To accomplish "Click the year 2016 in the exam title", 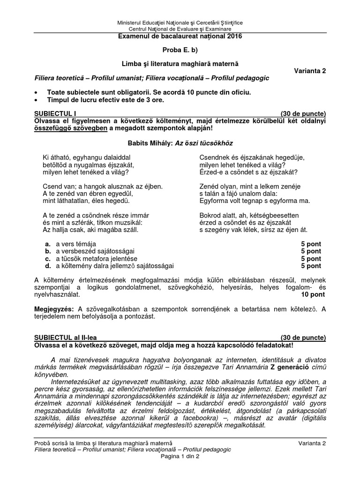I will coord(236,36).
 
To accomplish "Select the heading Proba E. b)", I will coord(180,50).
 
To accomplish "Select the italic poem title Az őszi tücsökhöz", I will coord(204,143).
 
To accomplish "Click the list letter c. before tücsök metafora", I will coord(48,258).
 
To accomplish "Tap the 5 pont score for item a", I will coord(311,244).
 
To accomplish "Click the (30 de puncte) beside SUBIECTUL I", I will coord(303,113).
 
